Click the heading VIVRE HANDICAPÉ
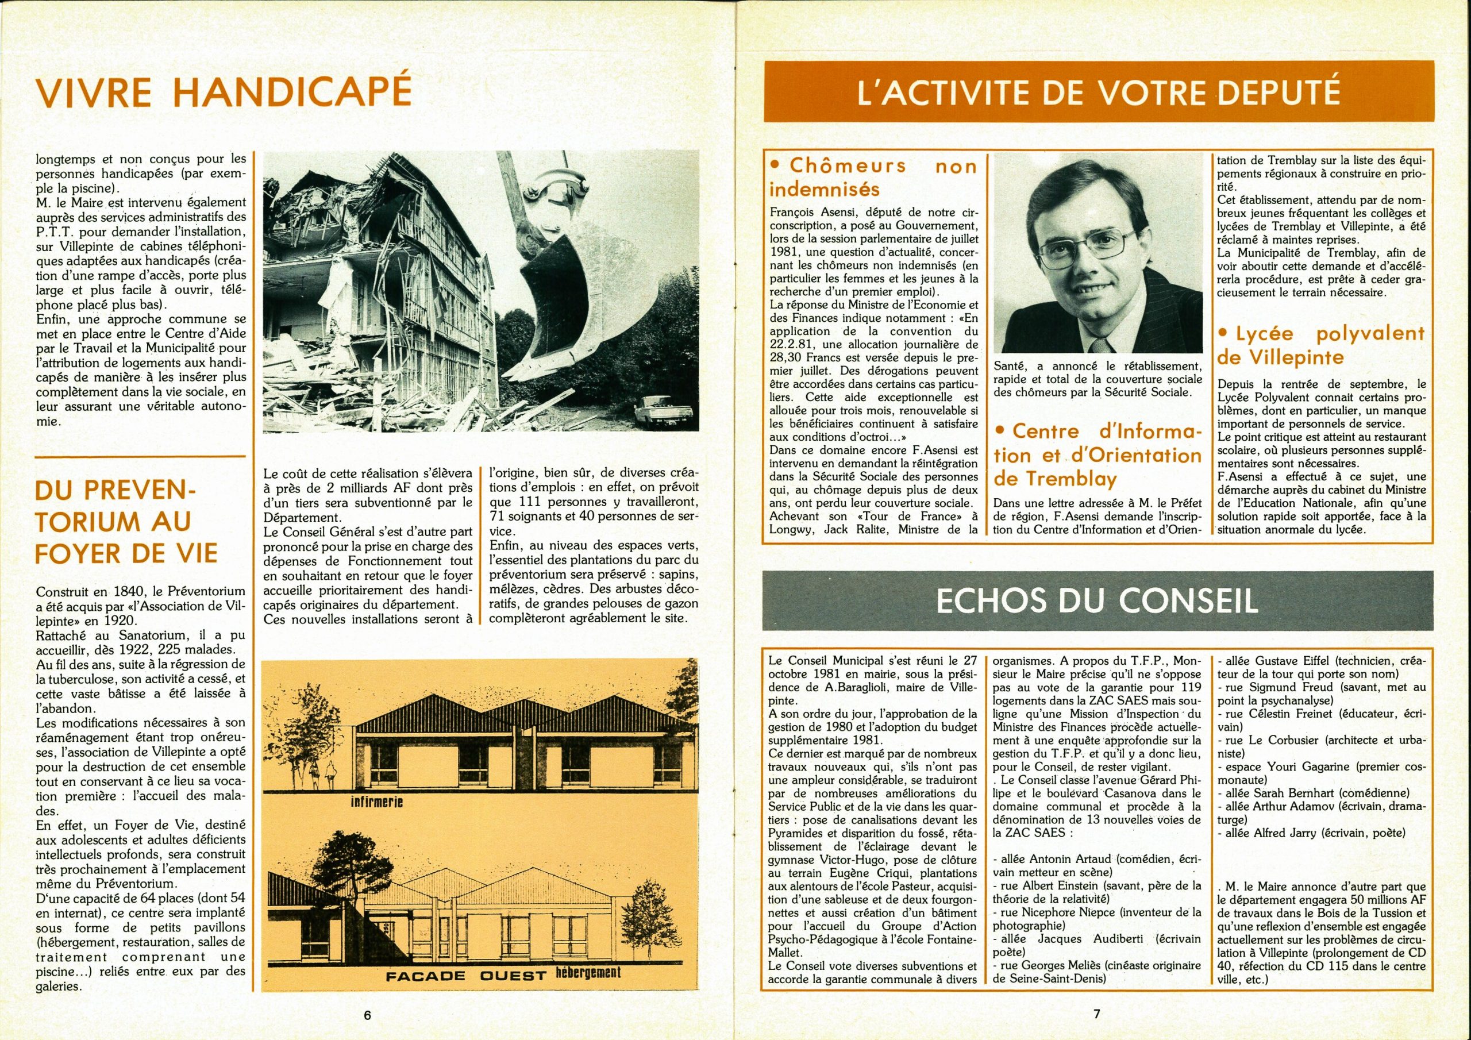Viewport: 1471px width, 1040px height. tap(224, 91)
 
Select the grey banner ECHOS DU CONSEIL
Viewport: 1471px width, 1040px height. tap(1098, 602)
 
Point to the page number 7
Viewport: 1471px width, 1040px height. tap(1096, 1014)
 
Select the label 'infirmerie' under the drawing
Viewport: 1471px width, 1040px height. tap(375, 802)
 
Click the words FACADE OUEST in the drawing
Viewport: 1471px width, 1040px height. tap(464, 976)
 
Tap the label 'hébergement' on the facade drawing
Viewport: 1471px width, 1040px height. tap(589, 972)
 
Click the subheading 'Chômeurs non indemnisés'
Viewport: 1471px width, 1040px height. tap(872, 178)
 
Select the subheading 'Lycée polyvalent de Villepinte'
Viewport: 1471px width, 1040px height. tap(1320, 345)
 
